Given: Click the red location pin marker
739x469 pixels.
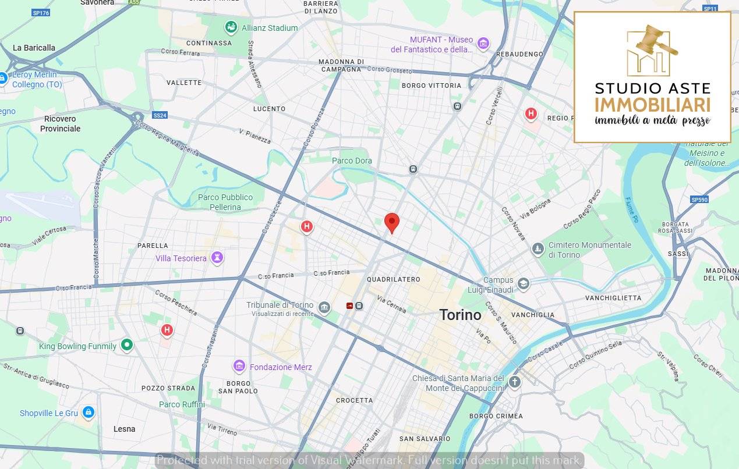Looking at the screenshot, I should click(x=392, y=222).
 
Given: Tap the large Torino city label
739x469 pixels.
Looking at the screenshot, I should click(x=460, y=315).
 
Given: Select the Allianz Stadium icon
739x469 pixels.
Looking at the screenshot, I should click(x=231, y=27).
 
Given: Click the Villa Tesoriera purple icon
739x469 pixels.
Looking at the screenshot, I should click(x=217, y=258).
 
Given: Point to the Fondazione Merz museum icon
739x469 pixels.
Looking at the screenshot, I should click(x=239, y=367).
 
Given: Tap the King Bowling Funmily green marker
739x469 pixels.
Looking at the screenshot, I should click(x=126, y=346).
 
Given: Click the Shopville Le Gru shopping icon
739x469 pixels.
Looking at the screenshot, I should click(x=88, y=413).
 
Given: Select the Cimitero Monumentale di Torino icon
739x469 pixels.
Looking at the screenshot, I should click(x=538, y=249).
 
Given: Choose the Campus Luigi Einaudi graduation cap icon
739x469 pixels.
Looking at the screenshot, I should click(x=524, y=284).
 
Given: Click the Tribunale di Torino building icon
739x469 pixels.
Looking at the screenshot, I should click(x=324, y=307).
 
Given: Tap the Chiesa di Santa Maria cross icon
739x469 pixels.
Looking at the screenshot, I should click(x=514, y=382).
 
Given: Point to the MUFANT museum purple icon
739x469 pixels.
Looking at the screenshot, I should click(x=483, y=43).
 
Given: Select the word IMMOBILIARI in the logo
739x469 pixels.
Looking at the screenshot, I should click(x=652, y=105).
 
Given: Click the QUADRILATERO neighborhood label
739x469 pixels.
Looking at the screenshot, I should click(x=393, y=279).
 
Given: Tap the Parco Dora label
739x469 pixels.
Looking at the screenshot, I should click(x=352, y=161).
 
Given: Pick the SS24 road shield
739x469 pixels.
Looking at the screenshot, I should click(x=160, y=115).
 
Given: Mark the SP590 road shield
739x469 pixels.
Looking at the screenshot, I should click(x=699, y=200).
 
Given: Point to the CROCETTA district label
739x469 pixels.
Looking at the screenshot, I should click(x=354, y=400).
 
